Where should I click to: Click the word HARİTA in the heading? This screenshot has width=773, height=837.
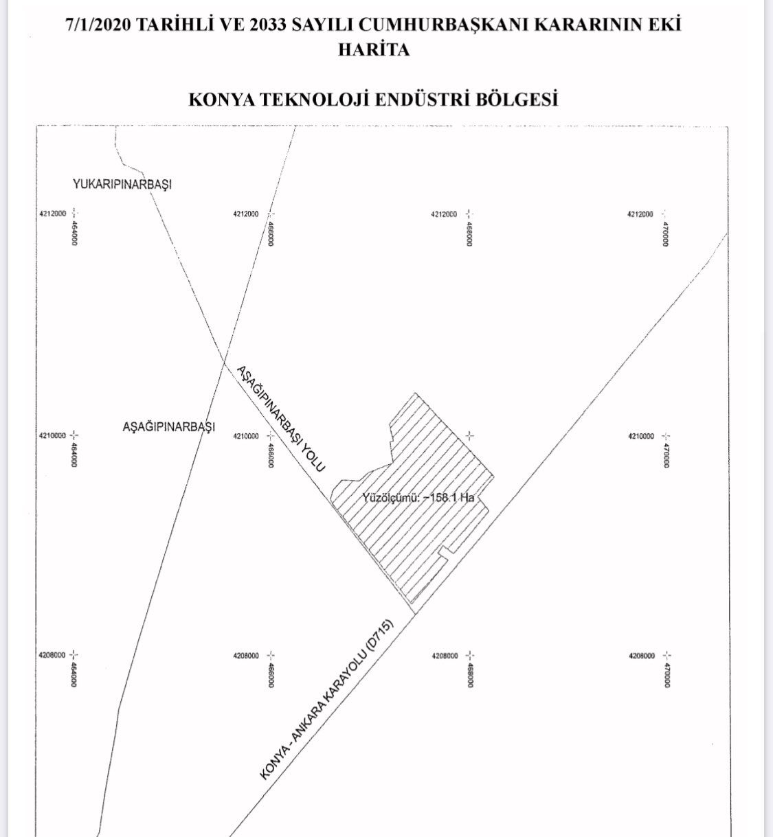tap(373, 50)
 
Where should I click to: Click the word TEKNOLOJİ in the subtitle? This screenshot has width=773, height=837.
tap(313, 100)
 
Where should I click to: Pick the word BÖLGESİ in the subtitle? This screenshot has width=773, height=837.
tap(515, 100)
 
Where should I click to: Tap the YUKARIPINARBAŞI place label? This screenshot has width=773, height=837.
tap(122, 185)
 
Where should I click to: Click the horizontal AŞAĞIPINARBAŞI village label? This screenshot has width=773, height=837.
tap(168, 427)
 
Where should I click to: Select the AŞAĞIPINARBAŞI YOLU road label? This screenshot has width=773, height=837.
tap(280, 418)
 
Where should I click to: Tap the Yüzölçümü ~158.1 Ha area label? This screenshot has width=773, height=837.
tap(418, 498)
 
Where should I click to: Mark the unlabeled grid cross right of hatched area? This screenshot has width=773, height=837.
tap(469, 435)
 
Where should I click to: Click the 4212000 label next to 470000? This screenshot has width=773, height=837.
tap(640, 214)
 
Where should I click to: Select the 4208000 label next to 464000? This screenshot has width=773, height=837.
tap(52, 656)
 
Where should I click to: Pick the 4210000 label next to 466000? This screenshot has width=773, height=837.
tap(246, 436)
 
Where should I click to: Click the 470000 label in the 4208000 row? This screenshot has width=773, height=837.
tap(666, 675)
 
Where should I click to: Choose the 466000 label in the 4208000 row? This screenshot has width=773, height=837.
tap(271, 675)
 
